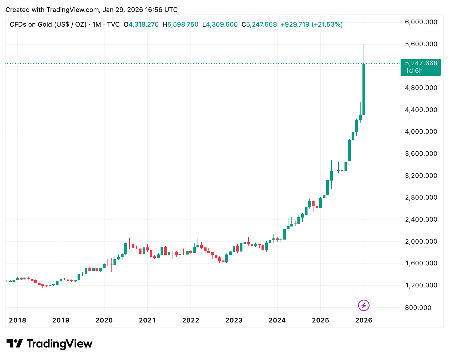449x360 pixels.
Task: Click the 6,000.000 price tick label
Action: pyautogui.click(x=421, y=22)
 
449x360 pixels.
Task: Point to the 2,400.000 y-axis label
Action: pyautogui.click(x=421, y=219)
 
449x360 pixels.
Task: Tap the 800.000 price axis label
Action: pyautogui.click(x=418, y=308)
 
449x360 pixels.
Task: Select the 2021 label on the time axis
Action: pyautogui.click(x=147, y=320)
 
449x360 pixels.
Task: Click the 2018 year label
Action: pyautogui.click(x=17, y=320)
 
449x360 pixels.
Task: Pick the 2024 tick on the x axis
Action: pyautogui.click(x=277, y=320)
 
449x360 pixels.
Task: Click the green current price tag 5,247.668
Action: pyautogui.click(x=421, y=63)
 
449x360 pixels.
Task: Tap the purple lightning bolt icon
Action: pyautogui.click(x=364, y=305)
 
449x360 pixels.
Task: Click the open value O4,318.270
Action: pyautogui.click(x=141, y=24)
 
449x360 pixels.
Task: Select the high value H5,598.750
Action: pyautogui.click(x=180, y=24)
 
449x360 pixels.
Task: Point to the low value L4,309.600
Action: pyautogui.click(x=220, y=24)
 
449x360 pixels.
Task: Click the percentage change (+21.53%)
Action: pyautogui.click(x=327, y=24)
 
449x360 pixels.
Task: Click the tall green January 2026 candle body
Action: pyautogui.click(x=364, y=90)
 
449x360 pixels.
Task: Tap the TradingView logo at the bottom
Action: pyautogui.click(x=49, y=344)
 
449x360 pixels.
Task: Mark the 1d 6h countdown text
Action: pyautogui.click(x=414, y=71)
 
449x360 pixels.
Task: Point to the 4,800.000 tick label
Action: pyautogui.click(x=421, y=88)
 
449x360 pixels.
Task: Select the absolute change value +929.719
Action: pyautogui.click(x=295, y=24)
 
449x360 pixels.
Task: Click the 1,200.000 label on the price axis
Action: pyautogui.click(x=421, y=285)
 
